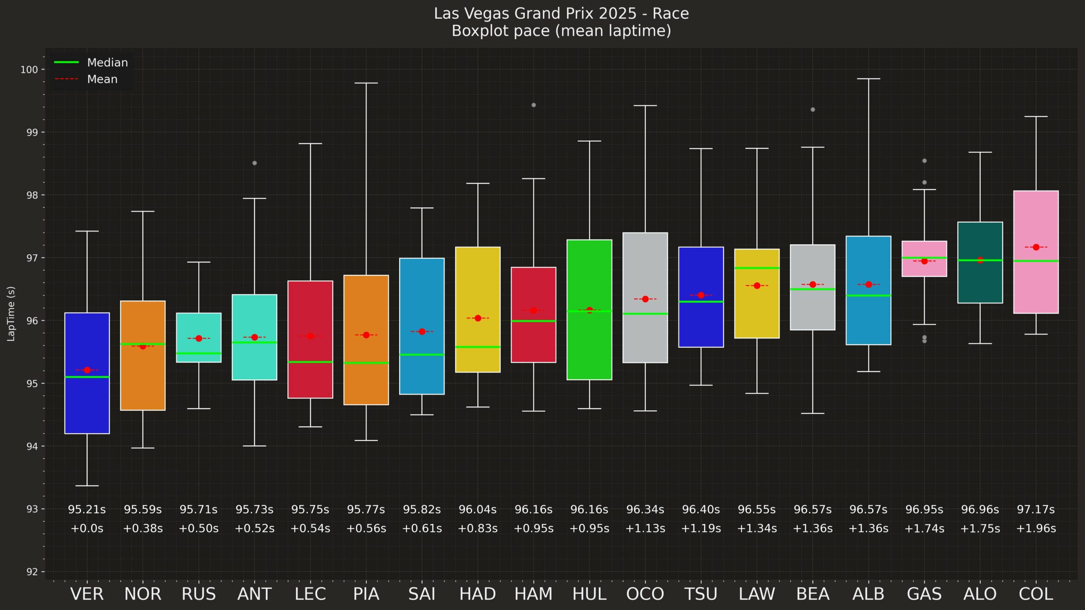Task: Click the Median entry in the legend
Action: (x=91, y=62)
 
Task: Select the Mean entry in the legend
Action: (x=86, y=79)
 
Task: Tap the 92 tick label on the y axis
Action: (x=32, y=572)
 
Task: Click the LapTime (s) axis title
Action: (x=11, y=314)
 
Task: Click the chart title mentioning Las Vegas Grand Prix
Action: (x=561, y=22)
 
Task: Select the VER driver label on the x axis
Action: (x=87, y=594)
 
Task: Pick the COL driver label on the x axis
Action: (x=1036, y=594)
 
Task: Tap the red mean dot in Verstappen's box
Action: (x=87, y=370)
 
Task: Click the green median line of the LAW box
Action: (x=757, y=268)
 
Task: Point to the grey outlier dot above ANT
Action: (x=254, y=163)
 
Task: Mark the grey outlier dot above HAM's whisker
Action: (x=534, y=105)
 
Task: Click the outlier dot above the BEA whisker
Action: (x=812, y=110)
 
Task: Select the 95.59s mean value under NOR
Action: (x=143, y=510)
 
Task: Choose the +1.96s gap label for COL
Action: (x=1036, y=529)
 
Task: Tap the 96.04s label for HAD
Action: (x=478, y=510)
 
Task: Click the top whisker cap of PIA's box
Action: (x=366, y=83)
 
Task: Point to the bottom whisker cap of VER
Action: (x=87, y=486)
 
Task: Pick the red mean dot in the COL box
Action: (x=1036, y=247)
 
